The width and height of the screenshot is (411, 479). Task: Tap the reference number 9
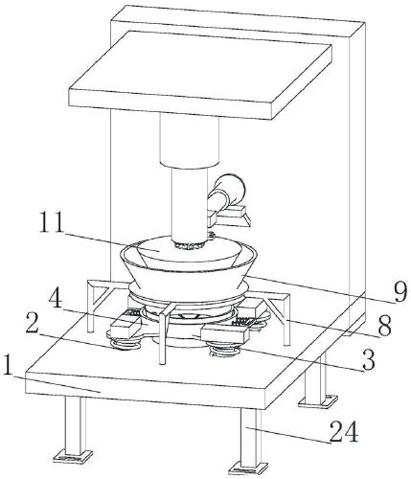click(400, 292)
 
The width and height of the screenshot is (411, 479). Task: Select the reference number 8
click(384, 326)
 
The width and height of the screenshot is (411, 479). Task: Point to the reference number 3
click(368, 360)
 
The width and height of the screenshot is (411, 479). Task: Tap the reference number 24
click(344, 431)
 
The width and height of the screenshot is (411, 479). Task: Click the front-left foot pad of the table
click(74, 457)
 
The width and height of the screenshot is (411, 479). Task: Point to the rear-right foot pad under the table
click(318, 400)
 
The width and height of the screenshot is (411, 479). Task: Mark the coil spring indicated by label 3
click(224, 351)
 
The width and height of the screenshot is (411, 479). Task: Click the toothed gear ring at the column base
click(190, 246)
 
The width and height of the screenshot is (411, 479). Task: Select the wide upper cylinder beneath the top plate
click(190, 141)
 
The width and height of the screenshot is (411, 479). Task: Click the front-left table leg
click(75, 424)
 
